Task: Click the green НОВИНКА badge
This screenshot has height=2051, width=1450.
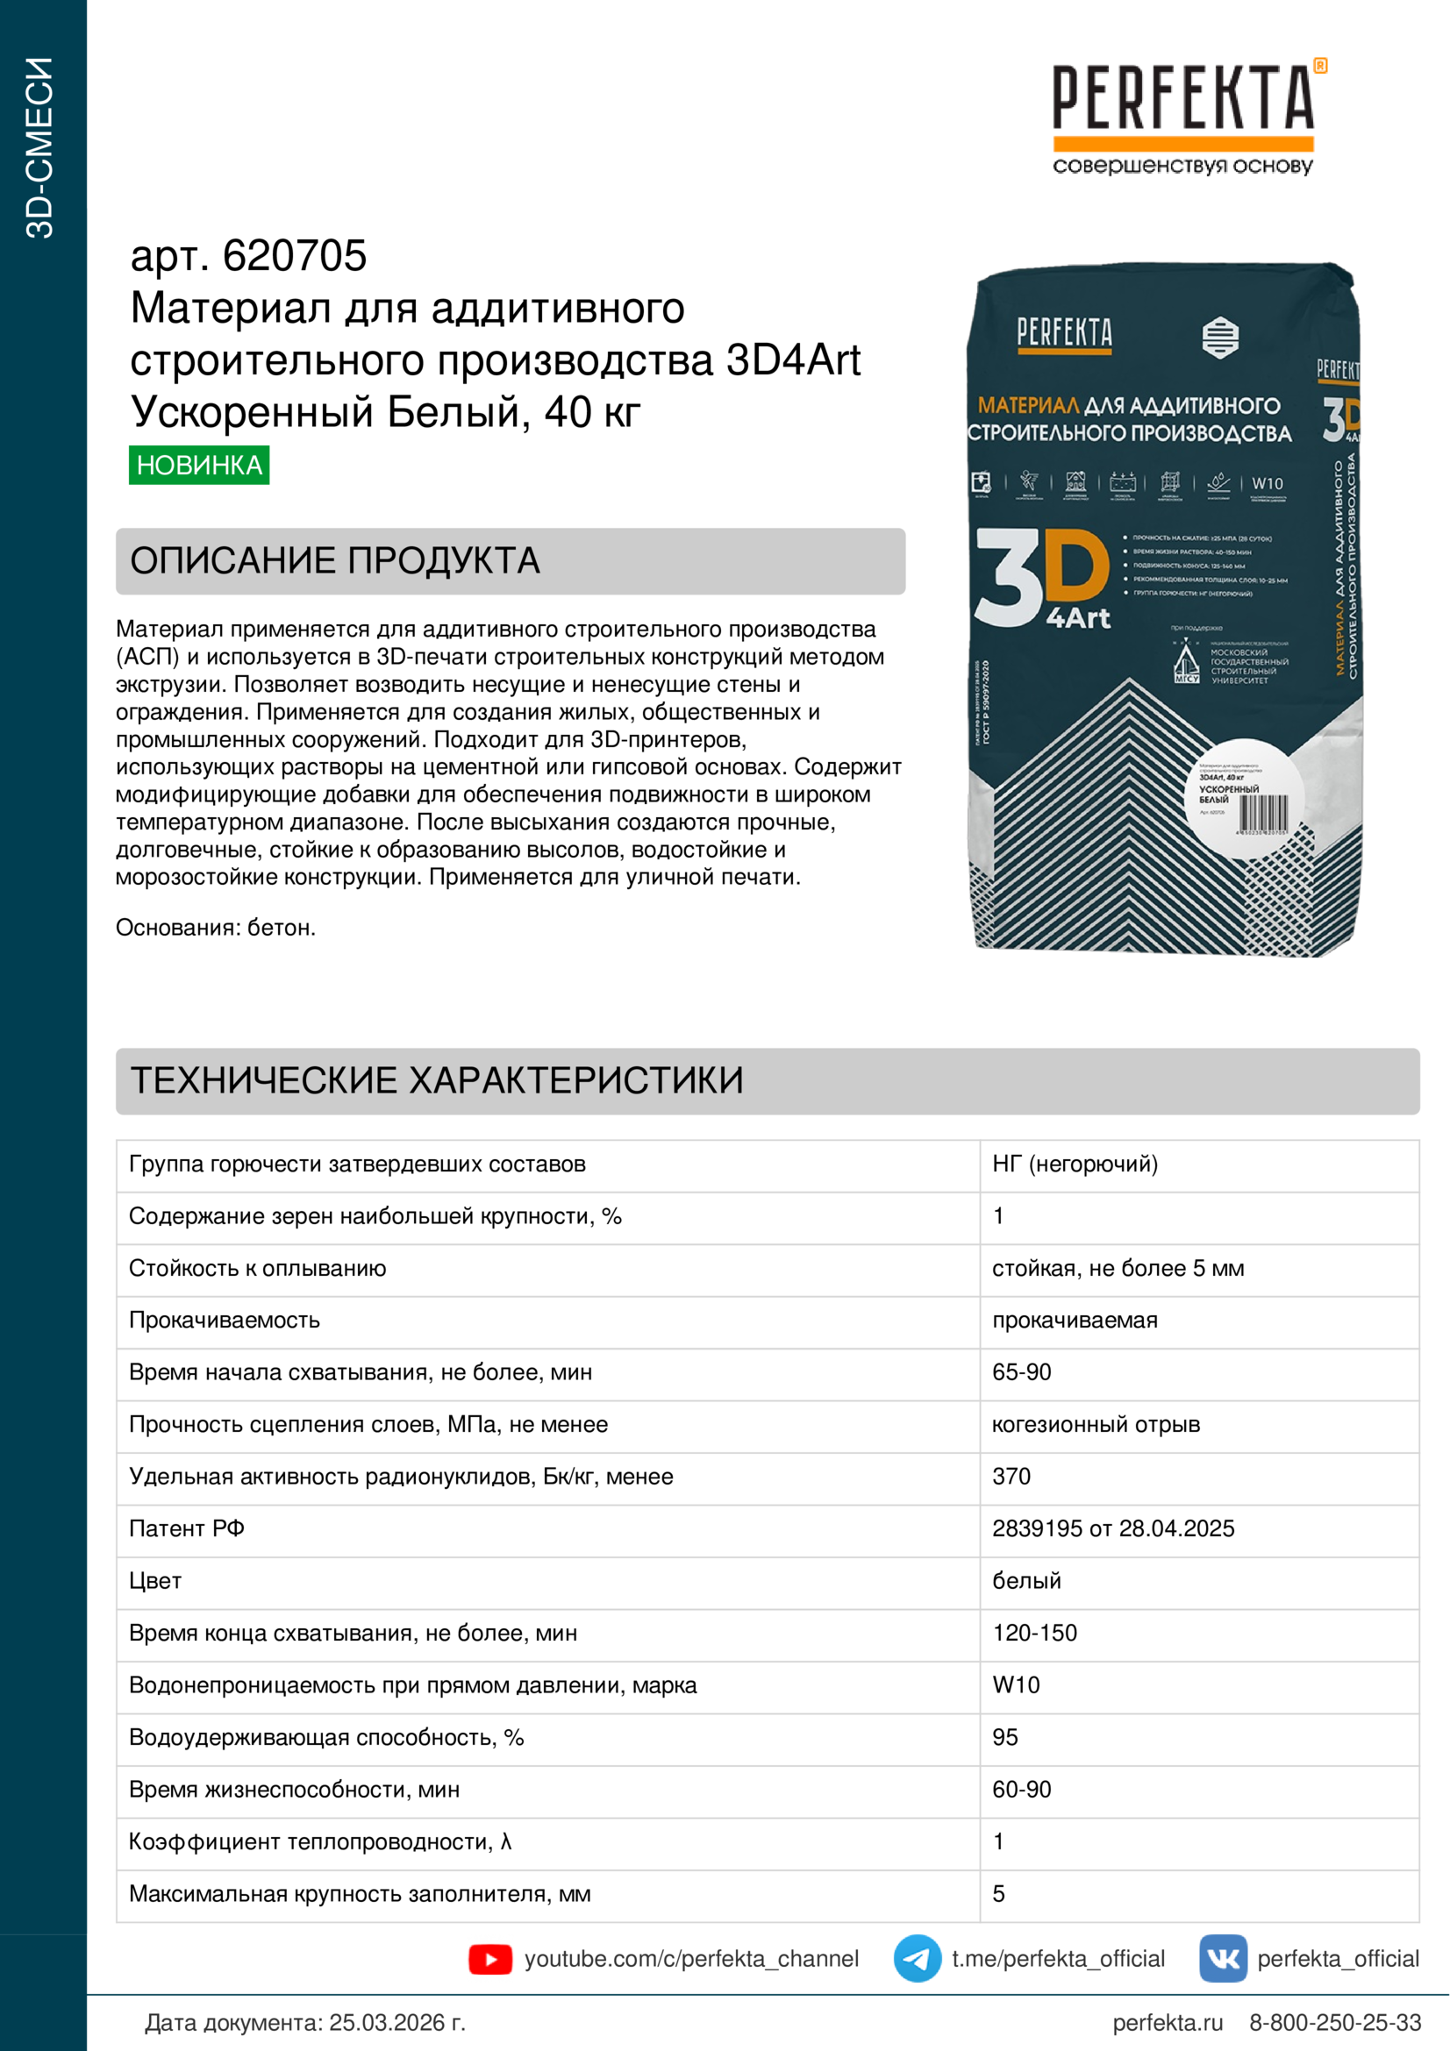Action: click(x=198, y=465)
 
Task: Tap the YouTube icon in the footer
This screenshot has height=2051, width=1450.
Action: click(x=489, y=1959)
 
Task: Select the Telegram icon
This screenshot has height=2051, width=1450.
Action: click(x=917, y=1958)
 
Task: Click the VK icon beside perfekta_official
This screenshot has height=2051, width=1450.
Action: click(x=1222, y=1958)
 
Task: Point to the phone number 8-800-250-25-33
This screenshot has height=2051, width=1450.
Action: click(x=1335, y=2022)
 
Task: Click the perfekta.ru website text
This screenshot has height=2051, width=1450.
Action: click(x=1167, y=2022)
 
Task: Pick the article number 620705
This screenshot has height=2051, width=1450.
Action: click(x=294, y=256)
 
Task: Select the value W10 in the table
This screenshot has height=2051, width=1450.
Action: click(x=1016, y=1684)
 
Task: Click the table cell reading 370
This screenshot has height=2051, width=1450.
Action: click(x=1011, y=1476)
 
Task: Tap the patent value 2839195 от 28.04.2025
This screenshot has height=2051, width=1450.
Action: click(x=1112, y=1528)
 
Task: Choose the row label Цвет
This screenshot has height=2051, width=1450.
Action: click(x=155, y=1580)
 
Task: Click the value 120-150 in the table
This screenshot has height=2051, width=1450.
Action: click(x=1034, y=1633)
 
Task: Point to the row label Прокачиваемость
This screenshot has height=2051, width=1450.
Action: click(x=225, y=1320)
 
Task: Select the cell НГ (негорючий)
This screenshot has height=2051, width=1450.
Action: click(x=1075, y=1164)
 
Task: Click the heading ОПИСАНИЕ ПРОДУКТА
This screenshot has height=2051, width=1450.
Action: click(x=335, y=561)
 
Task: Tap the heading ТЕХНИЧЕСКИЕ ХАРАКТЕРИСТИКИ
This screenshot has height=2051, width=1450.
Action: click(x=437, y=1081)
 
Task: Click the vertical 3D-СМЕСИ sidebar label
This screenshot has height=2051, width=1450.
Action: click(x=40, y=148)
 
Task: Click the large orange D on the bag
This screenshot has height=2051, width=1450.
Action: click(x=1076, y=566)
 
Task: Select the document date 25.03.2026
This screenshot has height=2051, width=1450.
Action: click(x=396, y=2022)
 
